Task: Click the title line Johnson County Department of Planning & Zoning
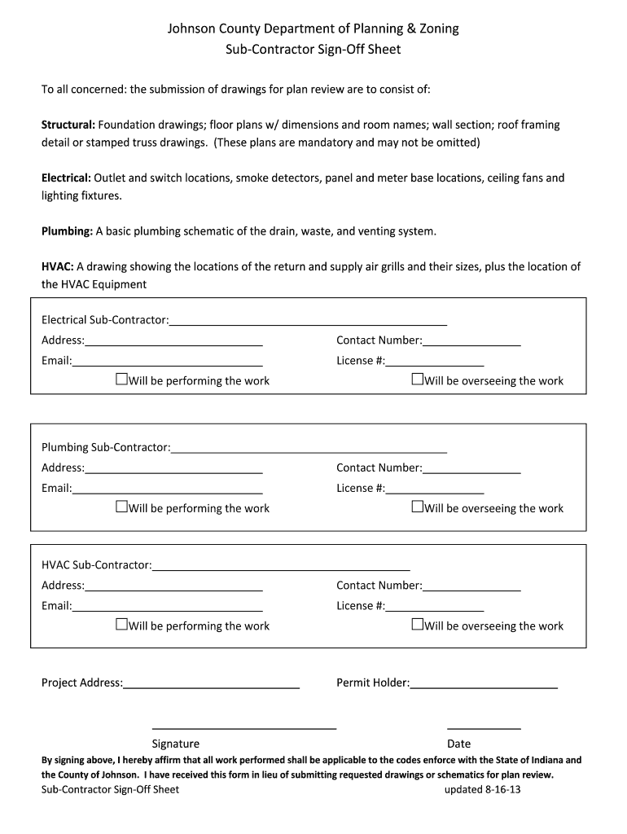tap(313, 29)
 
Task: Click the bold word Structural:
tap(68, 125)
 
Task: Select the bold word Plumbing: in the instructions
tap(68, 230)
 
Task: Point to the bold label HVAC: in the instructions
tap(58, 266)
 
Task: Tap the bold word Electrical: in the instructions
tap(67, 178)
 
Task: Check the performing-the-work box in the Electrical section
tap(121, 380)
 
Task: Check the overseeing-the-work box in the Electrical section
tap(417, 380)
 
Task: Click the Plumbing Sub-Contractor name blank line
tap(309, 447)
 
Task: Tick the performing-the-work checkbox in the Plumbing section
tap(121, 507)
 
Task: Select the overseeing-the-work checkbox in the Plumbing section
tap(417, 507)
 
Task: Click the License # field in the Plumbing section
tap(435, 488)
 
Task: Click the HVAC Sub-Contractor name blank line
tap(281, 565)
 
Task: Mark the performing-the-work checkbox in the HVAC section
tap(121, 625)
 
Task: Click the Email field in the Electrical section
tap(167, 361)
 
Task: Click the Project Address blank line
tap(211, 683)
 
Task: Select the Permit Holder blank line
tap(484, 683)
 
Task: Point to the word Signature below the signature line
tap(175, 744)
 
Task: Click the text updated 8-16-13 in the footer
tap(481, 790)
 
